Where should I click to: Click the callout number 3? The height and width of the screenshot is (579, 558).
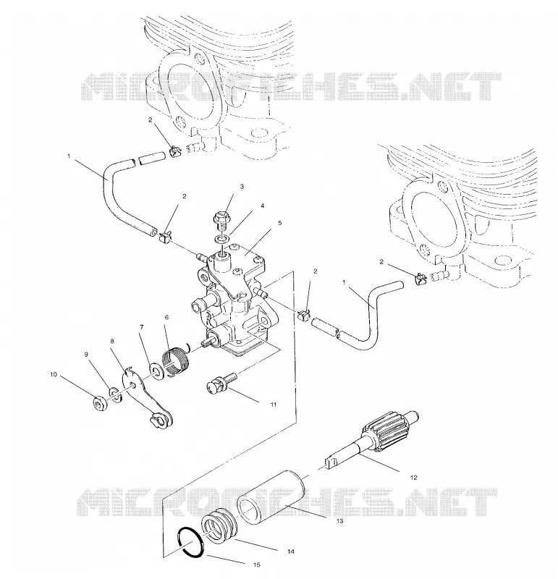(x=242, y=187)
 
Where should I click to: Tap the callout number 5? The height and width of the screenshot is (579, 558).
(x=279, y=223)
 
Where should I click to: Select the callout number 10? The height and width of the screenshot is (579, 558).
(x=54, y=374)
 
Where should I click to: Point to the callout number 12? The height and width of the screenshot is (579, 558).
(x=413, y=478)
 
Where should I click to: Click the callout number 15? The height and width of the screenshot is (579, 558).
(x=257, y=565)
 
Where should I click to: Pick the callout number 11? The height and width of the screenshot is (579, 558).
(x=274, y=405)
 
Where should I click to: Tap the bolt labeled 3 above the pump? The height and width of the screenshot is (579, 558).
(x=221, y=221)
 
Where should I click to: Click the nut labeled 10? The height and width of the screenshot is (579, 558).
(x=99, y=403)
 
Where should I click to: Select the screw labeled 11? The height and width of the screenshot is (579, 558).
(x=221, y=383)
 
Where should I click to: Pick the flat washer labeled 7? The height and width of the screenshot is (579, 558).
(x=155, y=372)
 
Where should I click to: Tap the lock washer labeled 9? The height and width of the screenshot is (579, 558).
(x=116, y=394)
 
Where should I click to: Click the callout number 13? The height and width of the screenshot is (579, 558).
(x=339, y=521)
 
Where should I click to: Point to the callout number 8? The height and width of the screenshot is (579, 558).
(x=112, y=342)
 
